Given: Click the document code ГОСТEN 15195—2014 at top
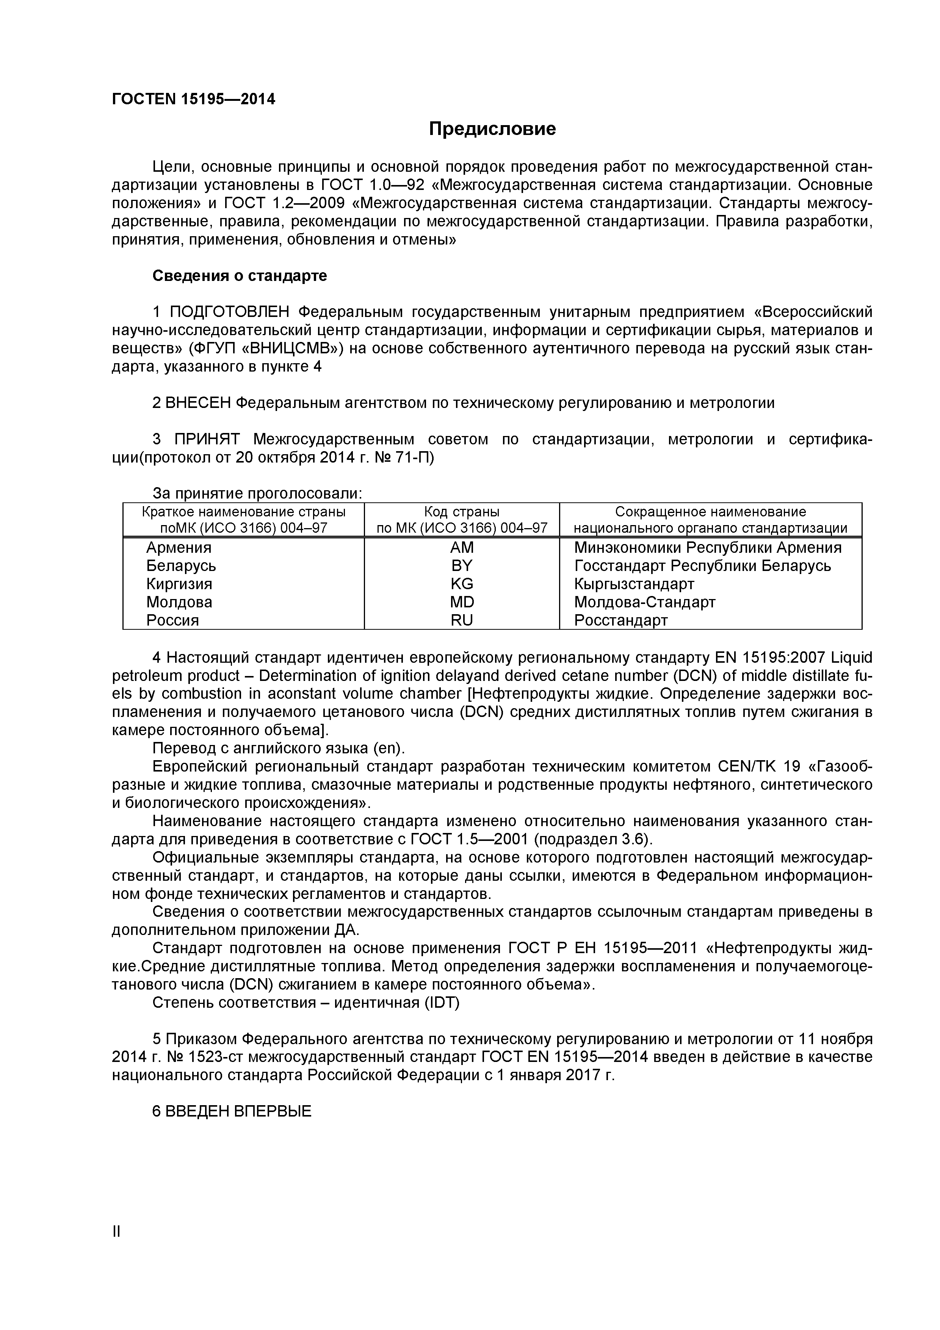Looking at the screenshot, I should coord(193,100).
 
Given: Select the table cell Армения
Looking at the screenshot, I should coord(179,547).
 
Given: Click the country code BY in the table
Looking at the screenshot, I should coord(462,565).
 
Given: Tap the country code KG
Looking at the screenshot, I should coord(462,584).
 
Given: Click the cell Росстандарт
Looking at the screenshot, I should coord(621,620).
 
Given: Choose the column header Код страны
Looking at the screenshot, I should coord(462,511).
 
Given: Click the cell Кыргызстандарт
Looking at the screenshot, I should coord(634,584).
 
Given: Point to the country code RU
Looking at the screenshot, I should coord(462,620).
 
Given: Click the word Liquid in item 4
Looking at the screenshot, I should coord(851,658).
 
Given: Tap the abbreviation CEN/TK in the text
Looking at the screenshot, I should coord(747,767).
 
